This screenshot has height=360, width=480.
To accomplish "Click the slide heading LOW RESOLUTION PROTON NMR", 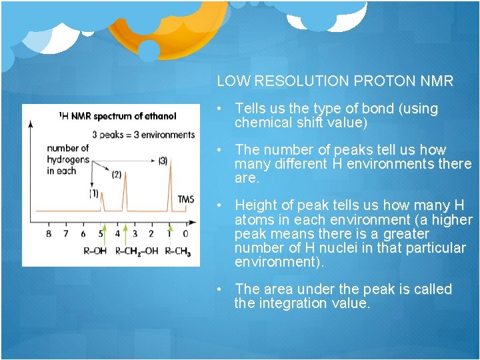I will (335, 81).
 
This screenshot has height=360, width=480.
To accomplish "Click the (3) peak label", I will (163, 160).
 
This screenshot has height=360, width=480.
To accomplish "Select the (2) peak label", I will (116, 175).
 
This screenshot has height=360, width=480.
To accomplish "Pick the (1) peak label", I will (93, 194).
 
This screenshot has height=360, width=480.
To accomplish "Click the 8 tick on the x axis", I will (49, 234).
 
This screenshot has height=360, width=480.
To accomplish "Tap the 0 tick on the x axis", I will (185, 234).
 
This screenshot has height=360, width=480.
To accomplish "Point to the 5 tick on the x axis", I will (100, 234).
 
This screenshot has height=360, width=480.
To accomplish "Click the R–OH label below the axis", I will (94, 251).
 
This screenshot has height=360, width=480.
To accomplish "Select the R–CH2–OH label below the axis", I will (136, 251).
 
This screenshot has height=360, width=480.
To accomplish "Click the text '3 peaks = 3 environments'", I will (143, 135).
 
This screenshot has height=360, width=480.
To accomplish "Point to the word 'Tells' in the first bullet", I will (250, 109).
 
